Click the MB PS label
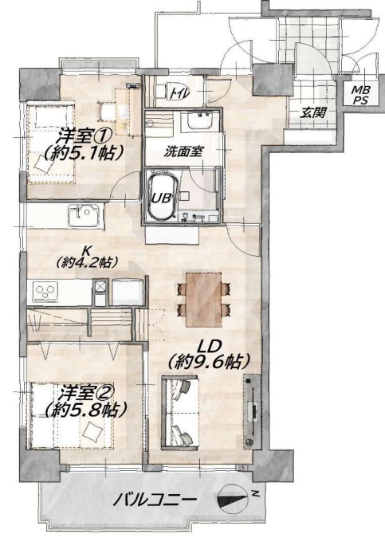click(360, 95)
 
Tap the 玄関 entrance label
click(312, 112)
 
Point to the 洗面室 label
click(183, 151)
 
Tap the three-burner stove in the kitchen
click(45, 292)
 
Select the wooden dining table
click(203, 300)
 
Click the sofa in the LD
click(180, 412)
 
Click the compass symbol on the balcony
click(233, 498)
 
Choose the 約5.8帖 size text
click(84, 410)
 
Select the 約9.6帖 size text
click(209, 361)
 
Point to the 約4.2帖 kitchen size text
click(87, 262)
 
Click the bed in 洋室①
click(51, 143)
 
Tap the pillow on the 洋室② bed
click(92, 431)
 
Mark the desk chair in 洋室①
click(107, 111)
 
